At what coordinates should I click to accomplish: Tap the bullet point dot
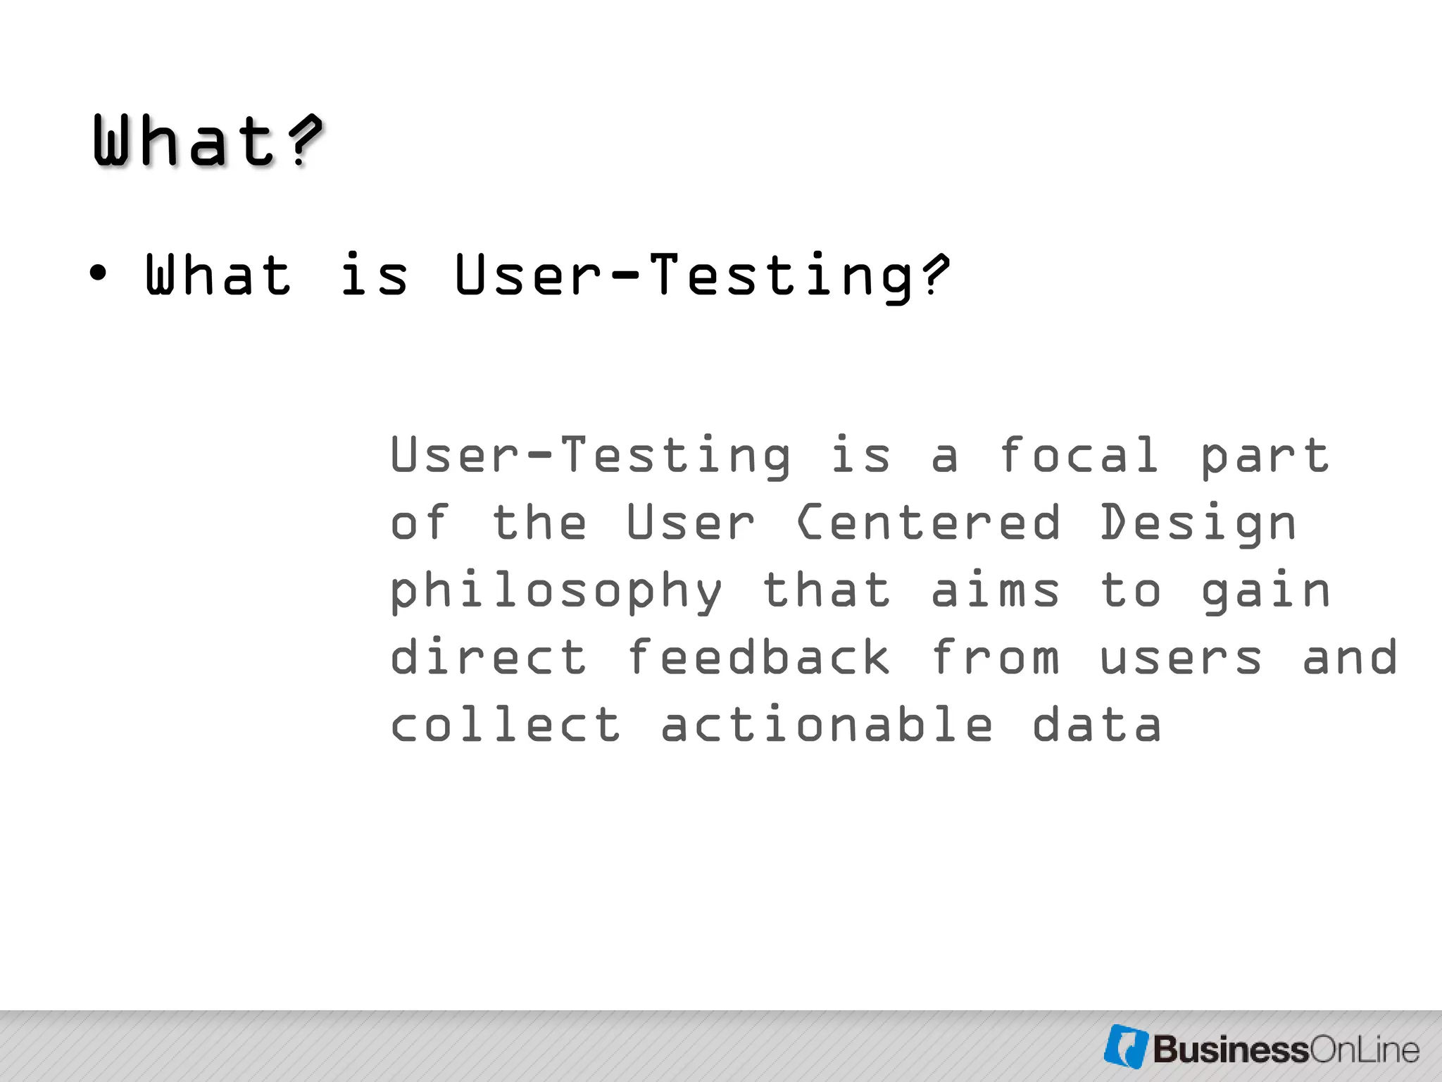click(x=99, y=273)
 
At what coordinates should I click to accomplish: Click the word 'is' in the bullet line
click(x=374, y=275)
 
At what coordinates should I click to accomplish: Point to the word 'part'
click(x=1265, y=456)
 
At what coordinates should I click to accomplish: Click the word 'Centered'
click(x=928, y=523)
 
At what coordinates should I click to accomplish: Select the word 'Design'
click(x=1198, y=524)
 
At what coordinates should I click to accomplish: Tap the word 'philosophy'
click(x=556, y=592)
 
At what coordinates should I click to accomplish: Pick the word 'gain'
click(x=1265, y=592)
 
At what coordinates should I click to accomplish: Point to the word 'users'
click(x=1181, y=658)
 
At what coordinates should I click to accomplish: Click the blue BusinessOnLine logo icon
click(x=1126, y=1046)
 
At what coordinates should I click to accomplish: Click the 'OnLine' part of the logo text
click(x=1364, y=1050)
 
